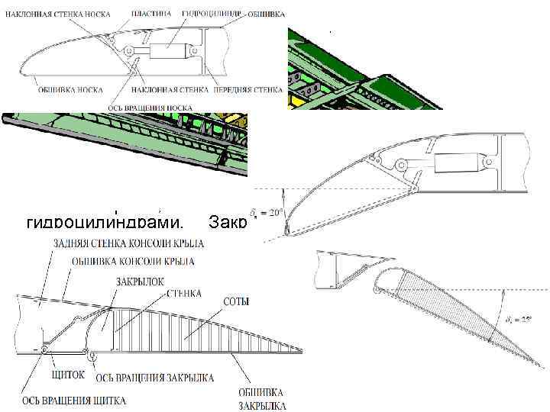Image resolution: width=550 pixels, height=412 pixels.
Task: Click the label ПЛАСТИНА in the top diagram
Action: click(x=145, y=14)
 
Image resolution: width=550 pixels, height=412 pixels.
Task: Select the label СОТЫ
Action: click(x=235, y=303)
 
